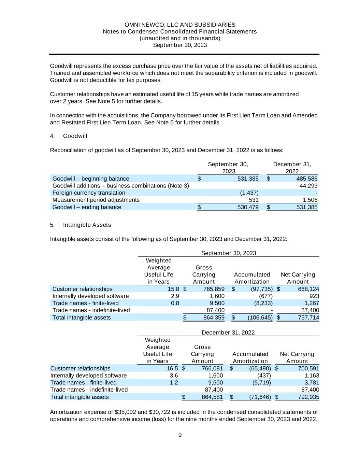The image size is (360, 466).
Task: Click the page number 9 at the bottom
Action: pos(180,435)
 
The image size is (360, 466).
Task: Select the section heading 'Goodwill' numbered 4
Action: pos(75,136)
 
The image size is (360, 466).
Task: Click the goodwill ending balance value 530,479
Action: pos(248,207)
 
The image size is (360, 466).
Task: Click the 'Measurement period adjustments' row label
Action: pos(96,200)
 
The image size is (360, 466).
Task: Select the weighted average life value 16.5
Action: pos(172,368)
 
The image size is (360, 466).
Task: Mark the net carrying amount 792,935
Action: pos(307,397)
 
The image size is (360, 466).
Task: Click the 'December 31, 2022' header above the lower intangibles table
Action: pos(228,333)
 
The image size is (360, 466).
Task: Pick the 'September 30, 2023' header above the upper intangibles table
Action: pos(229,253)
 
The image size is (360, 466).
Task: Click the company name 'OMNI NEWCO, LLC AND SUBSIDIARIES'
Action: pos(180,25)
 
